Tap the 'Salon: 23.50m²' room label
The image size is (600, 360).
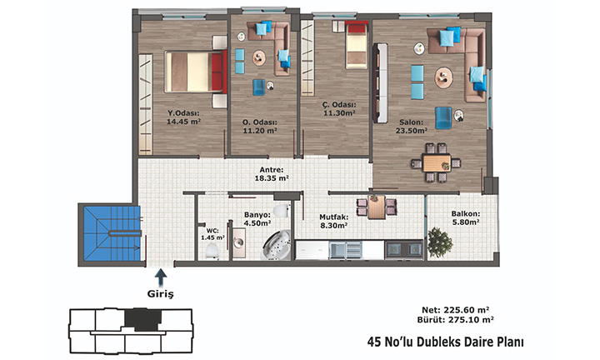pos(412,126)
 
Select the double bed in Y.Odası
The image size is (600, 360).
pos(196,72)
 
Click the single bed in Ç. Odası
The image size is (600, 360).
pos(357,45)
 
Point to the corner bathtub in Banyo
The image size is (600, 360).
pos(277,245)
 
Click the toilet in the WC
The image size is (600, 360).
pos(212,251)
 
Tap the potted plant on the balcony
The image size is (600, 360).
pos(440,242)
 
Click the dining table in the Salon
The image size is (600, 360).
pos(436,163)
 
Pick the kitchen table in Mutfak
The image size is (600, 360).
pos(377,207)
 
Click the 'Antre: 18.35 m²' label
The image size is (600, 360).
pos(272,174)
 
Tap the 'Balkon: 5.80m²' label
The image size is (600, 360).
pos(466,218)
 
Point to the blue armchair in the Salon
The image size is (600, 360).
pos(443,117)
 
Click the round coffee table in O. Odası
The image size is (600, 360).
pos(259,58)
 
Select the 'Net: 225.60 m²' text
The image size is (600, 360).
pos(456,310)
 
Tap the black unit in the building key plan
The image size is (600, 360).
pos(143,319)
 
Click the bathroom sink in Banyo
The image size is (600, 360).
pos(239,242)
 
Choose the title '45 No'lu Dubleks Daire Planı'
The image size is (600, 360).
pos(445,342)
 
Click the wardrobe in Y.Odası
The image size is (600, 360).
pos(145,104)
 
